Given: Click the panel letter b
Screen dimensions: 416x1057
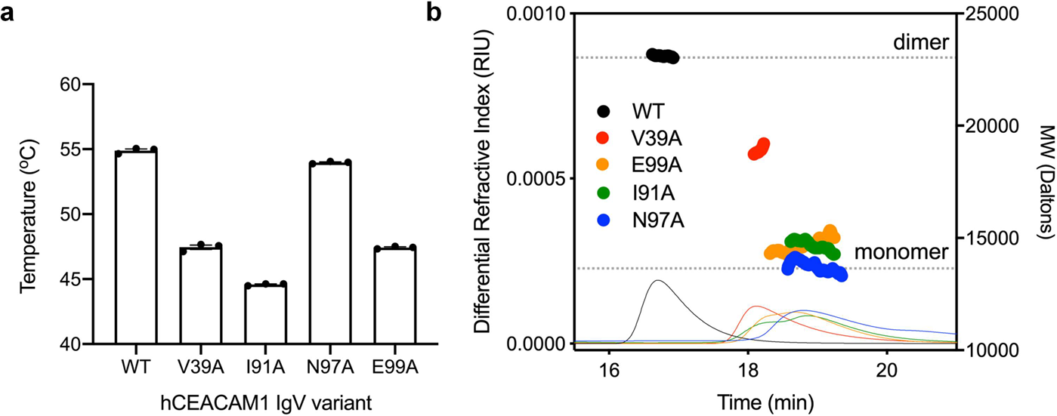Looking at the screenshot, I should pyautogui.click(x=437, y=13).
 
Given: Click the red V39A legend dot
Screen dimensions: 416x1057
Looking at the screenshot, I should pyautogui.click(x=603, y=137).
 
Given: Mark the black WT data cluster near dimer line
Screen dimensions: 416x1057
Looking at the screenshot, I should pyautogui.click(x=663, y=56).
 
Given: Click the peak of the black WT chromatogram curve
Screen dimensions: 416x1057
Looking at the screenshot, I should pyautogui.click(x=658, y=281).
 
